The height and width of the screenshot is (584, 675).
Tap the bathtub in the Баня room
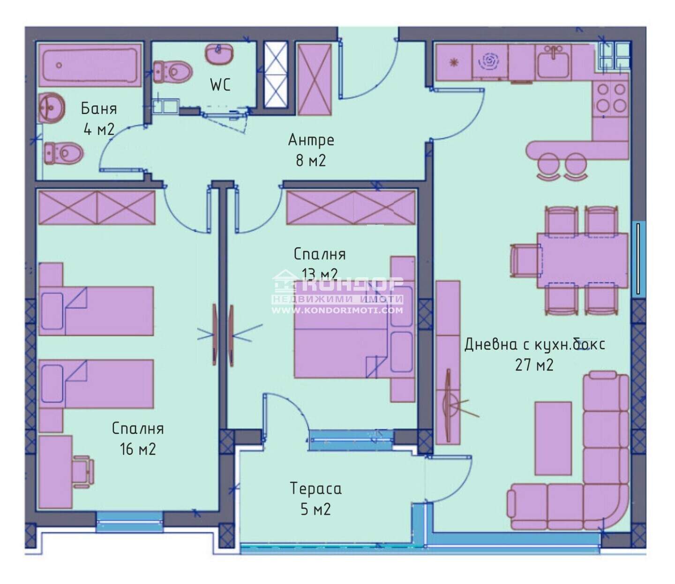click(90, 66)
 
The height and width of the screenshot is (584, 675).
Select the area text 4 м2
click(99, 130)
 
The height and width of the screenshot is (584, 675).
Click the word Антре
click(311, 140)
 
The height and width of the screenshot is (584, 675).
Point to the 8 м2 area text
click(311, 161)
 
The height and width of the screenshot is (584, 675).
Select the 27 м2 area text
click(534, 365)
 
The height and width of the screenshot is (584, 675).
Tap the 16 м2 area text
click(138, 449)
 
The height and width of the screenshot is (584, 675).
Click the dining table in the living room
click(582, 260)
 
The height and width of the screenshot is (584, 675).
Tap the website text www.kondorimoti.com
click(337, 310)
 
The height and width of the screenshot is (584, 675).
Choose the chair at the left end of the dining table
click(525, 261)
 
